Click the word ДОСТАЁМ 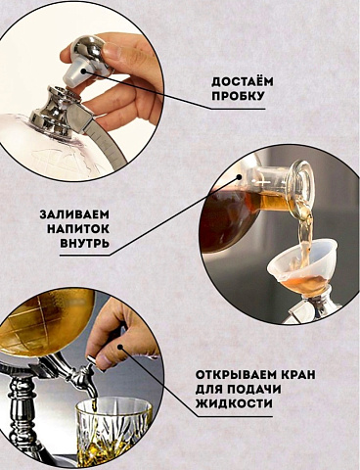pyautogui.click(x=243, y=82)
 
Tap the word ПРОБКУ pyautogui.click(x=238, y=96)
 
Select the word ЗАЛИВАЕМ pyautogui.click(x=74, y=214)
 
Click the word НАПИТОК pyautogui.click(x=78, y=229)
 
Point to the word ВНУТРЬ pyautogui.click(x=84, y=243)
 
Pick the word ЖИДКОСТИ pyautogui.click(x=234, y=403)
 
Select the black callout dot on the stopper pyautogui.click(x=84, y=70)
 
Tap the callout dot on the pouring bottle pyautogui.click(x=239, y=177)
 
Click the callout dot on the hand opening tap pyautogui.click(x=121, y=347)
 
